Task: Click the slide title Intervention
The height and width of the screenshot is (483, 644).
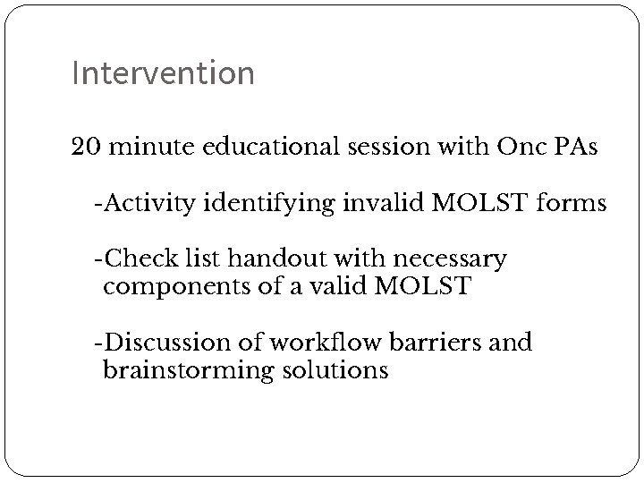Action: [163, 73]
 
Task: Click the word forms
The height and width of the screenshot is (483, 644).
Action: [572, 204]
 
